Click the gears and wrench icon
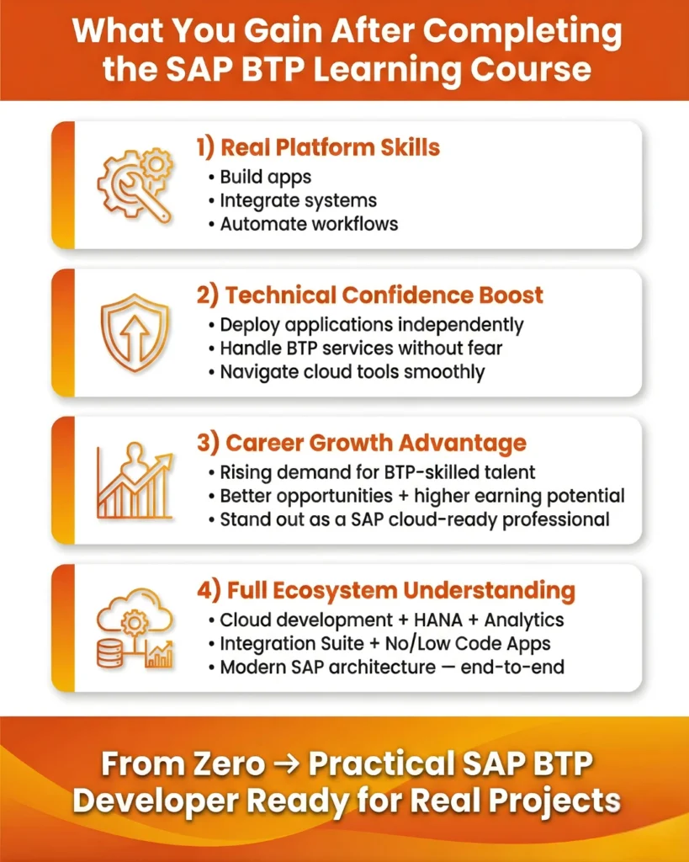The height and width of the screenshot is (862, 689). click(135, 186)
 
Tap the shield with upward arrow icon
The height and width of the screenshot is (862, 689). click(135, 333)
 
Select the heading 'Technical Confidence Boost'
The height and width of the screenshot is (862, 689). click(370, 295)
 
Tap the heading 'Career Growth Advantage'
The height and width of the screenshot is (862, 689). click(362, 443)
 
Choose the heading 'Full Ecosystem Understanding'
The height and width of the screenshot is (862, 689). click(386, 590)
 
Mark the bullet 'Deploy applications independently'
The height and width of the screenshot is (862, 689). click(371, 325)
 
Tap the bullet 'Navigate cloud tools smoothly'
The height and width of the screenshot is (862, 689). click(352, 371)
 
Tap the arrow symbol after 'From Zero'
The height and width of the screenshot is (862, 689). click(287, 764)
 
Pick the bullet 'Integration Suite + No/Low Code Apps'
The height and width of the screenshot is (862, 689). click(384, 643)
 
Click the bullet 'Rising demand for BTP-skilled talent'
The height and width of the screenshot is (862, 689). click(377, 472)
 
